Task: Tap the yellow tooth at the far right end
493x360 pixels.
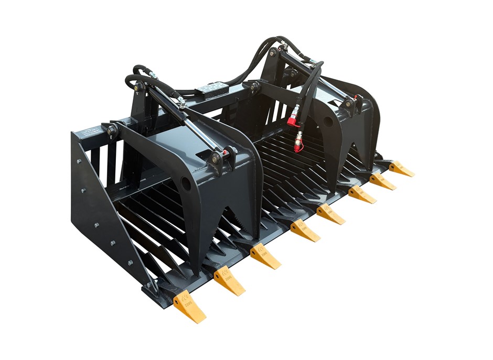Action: click(x=401, y=169)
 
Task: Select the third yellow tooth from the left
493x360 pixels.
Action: click(x=265, y=257)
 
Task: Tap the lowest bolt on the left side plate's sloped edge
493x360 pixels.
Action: click(x=130, y=262)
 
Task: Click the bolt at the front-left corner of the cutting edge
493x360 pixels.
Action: click(x=148, y=286)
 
